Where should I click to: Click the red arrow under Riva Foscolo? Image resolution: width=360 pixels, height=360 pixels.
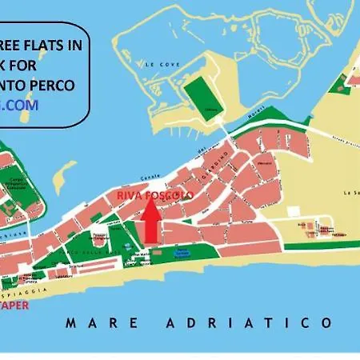pos(150,222)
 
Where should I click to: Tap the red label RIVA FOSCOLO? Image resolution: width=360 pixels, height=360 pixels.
pos(155,194)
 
